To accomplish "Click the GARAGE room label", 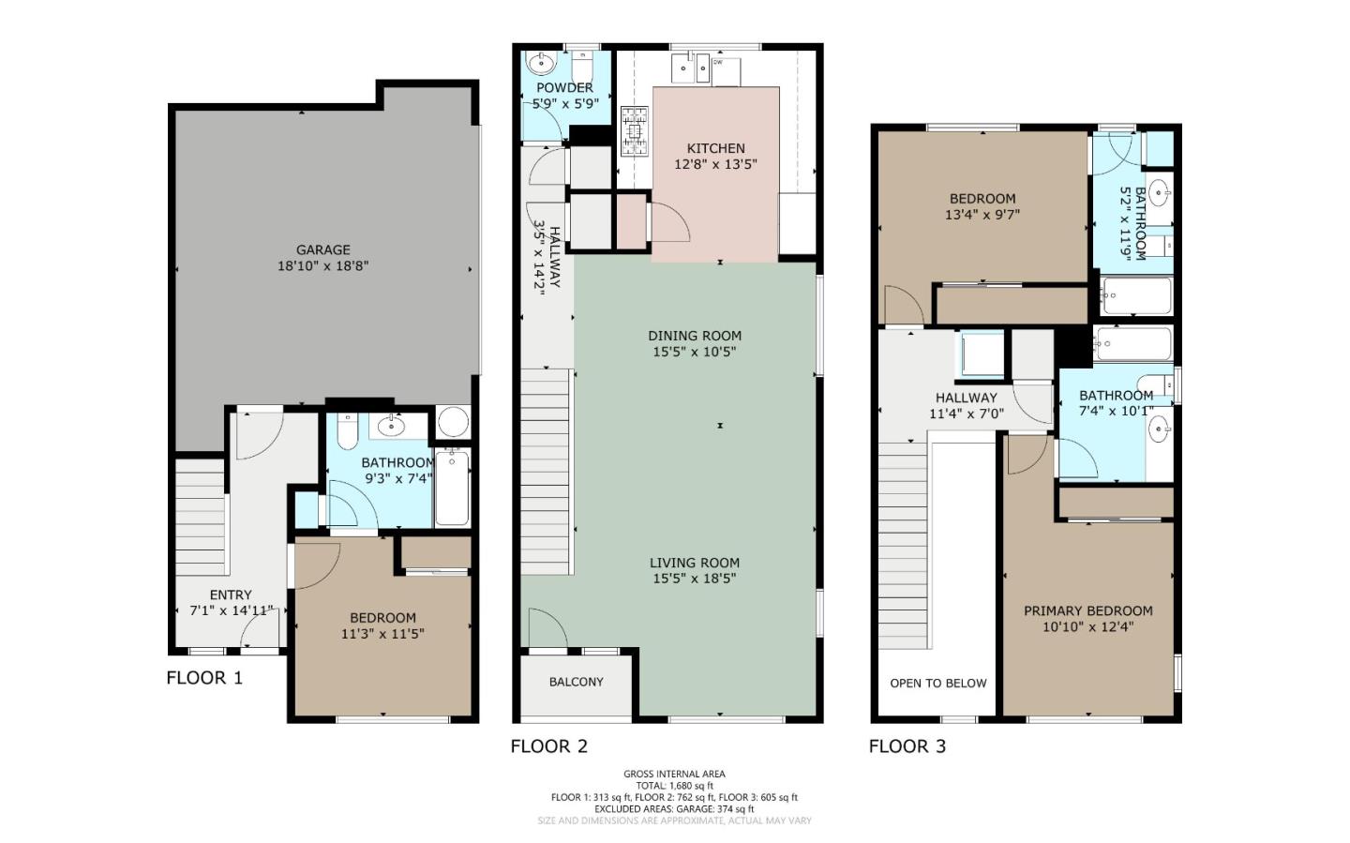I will click(x=323, y=249).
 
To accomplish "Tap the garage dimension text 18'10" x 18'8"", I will click(x=323, y=266).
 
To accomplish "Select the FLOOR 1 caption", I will click(x=204, y=678).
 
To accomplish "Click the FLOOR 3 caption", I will click(x=907, y=746).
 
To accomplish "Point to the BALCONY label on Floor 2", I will click(x=576, y=682).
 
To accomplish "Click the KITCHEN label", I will click(x=715, y=148).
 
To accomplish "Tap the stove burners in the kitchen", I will click(x=635, y=131).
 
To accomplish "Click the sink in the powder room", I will click(x=541, y=64).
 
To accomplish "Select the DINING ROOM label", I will click(x=695, y=336).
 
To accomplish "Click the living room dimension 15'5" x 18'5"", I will click(x=695, y=579).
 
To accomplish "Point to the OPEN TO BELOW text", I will click(x=937, y=683).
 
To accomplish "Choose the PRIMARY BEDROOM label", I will click(x=1087, y=610).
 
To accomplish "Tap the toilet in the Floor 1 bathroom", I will click(x=347, y=431).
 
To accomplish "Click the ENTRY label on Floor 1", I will click(x=231, y=595).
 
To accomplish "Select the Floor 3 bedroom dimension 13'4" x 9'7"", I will click(x=982, y=214).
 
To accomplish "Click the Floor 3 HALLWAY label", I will click(x=966, y=398).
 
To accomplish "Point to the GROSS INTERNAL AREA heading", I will click(x=674, y=774).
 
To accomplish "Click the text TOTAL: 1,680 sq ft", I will click(x=674, y=786).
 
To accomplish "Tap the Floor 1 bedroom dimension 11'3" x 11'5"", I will click(x=382, y=633).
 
